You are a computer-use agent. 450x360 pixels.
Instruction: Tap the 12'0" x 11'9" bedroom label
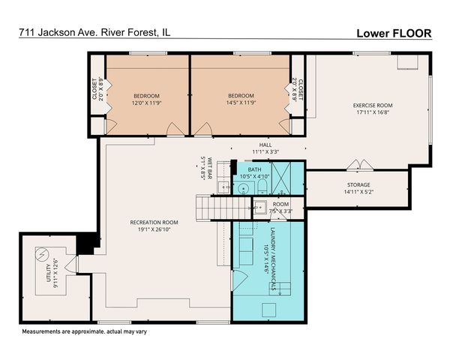click(147, 100)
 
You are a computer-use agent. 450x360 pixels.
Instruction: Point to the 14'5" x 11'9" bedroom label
click(241, 100)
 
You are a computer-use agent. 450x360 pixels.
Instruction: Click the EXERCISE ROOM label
click(373, 109)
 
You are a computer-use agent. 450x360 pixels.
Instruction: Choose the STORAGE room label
click(357, 187)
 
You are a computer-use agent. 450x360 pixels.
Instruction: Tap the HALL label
click(265, 148)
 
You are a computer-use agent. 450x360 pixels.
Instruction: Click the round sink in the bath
click(242, 187)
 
